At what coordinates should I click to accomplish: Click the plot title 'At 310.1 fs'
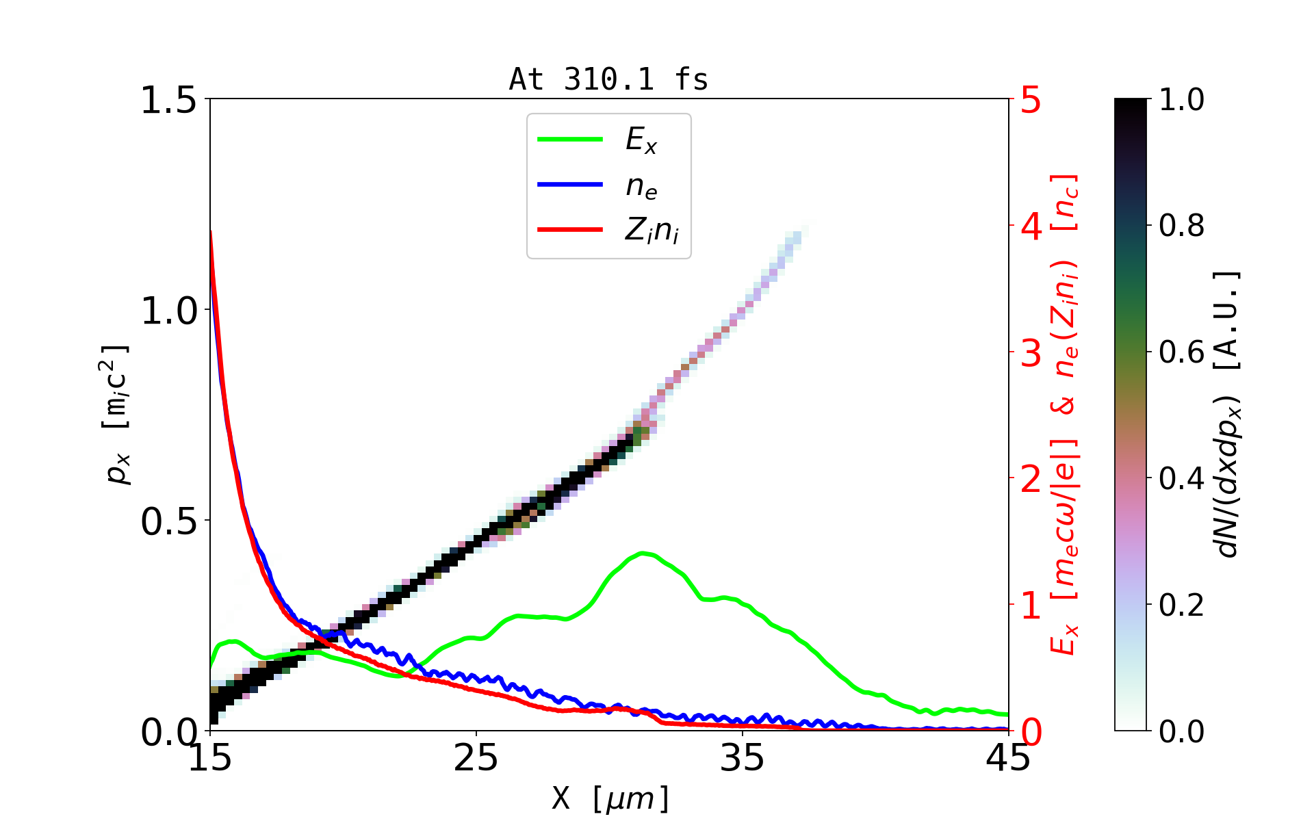coord(608,79)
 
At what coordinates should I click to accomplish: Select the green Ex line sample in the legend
coord(570,140)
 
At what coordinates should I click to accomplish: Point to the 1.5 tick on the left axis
coord(168,101)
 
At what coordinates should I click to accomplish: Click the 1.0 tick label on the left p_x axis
coord(168,311)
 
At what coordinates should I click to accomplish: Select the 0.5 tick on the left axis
coord(168,522)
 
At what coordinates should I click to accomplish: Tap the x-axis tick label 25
coord(476,758)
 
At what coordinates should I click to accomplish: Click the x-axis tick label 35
coord(743,758)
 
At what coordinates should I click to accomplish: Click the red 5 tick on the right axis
coord(1031,101)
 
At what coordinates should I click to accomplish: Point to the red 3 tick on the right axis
coord(1031,353)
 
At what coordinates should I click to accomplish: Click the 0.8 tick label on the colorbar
coord(1182,225)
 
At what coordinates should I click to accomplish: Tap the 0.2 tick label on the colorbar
coord(1182,605)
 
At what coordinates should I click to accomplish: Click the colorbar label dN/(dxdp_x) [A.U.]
coord(1228,415)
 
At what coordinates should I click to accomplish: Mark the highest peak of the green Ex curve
coord(642,553)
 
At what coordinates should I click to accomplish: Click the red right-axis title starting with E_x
coord(1065,415)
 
